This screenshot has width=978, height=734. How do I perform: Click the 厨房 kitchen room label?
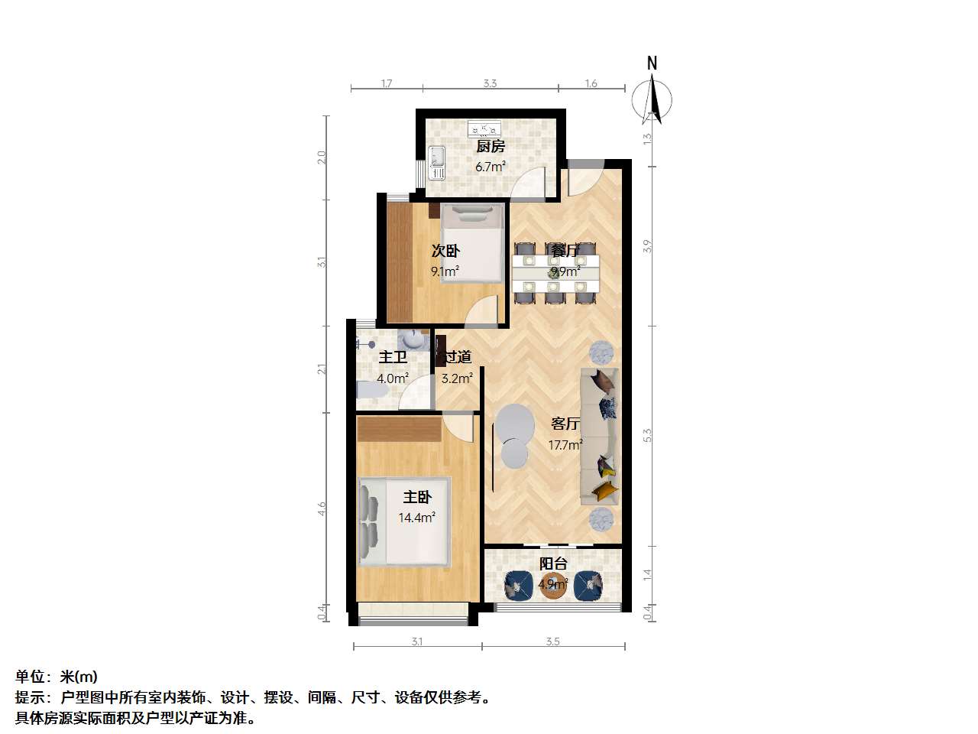click(490, 146)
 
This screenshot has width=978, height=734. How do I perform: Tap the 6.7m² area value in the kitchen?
click(490, 167)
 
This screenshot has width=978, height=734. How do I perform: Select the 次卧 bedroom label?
click(445, 251)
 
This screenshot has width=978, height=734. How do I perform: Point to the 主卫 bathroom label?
click(393, 357)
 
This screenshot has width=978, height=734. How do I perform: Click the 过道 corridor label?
click(458, 357)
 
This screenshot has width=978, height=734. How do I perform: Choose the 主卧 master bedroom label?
click(417, 497)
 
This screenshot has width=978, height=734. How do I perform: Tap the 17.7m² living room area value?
click(565, 445)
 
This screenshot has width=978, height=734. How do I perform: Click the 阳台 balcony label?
click(553, 563)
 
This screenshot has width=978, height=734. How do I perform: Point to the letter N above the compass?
click(652, 63)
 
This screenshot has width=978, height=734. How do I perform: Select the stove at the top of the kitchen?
click(484, 128)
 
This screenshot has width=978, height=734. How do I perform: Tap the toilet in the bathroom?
click(372, 391)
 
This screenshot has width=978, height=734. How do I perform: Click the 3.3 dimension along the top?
click(490, 83)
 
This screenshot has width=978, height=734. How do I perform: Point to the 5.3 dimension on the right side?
click(647, 435)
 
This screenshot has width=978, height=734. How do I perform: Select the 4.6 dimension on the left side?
click(322, 509)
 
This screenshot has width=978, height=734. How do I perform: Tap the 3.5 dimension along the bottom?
click(552, 641)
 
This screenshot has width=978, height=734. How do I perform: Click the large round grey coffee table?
click(515, 425)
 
